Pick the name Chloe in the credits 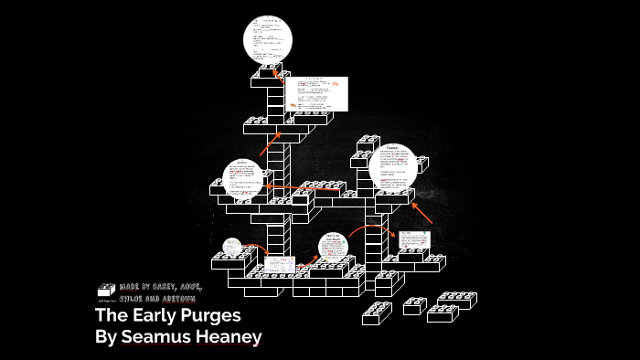point(133,299)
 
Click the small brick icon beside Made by point(106,291)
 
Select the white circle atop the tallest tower point(267,38)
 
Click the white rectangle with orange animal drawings point(316,93)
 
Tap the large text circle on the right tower point(392,168)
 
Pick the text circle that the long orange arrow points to point(242,180)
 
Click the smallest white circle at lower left point(232,248)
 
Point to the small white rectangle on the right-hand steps point(412,240)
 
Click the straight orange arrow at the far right point(421,213)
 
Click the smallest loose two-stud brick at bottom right point(414,306)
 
